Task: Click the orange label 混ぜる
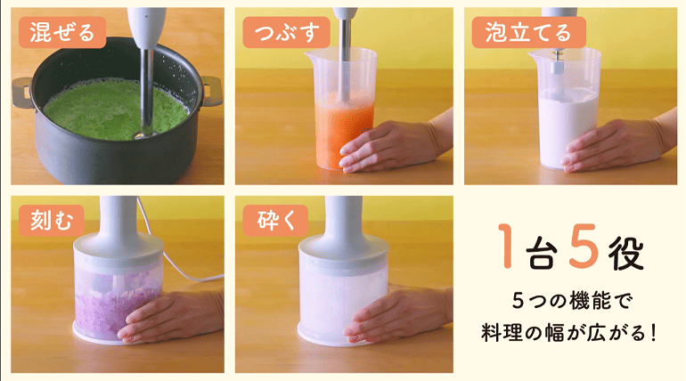(x=62, y=32)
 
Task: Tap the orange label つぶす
(x=286, y=32)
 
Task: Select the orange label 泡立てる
(x=528, y=32)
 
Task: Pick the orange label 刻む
(x=51, y=221)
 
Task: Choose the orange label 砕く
(x=275, y=221)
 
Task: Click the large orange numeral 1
(x=506, y=246)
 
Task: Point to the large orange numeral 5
(x=584, y=245)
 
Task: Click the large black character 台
(x=542, y=253)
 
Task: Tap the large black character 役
(x=626, y=253)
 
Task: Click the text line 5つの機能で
(x=572, y=301)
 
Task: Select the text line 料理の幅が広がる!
(x=568, y=333)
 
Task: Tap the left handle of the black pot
(x=22, y=93)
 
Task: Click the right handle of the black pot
(x=212, y=91)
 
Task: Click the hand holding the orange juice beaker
(x=394, y=144)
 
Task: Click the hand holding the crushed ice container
(x=396, y=313)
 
